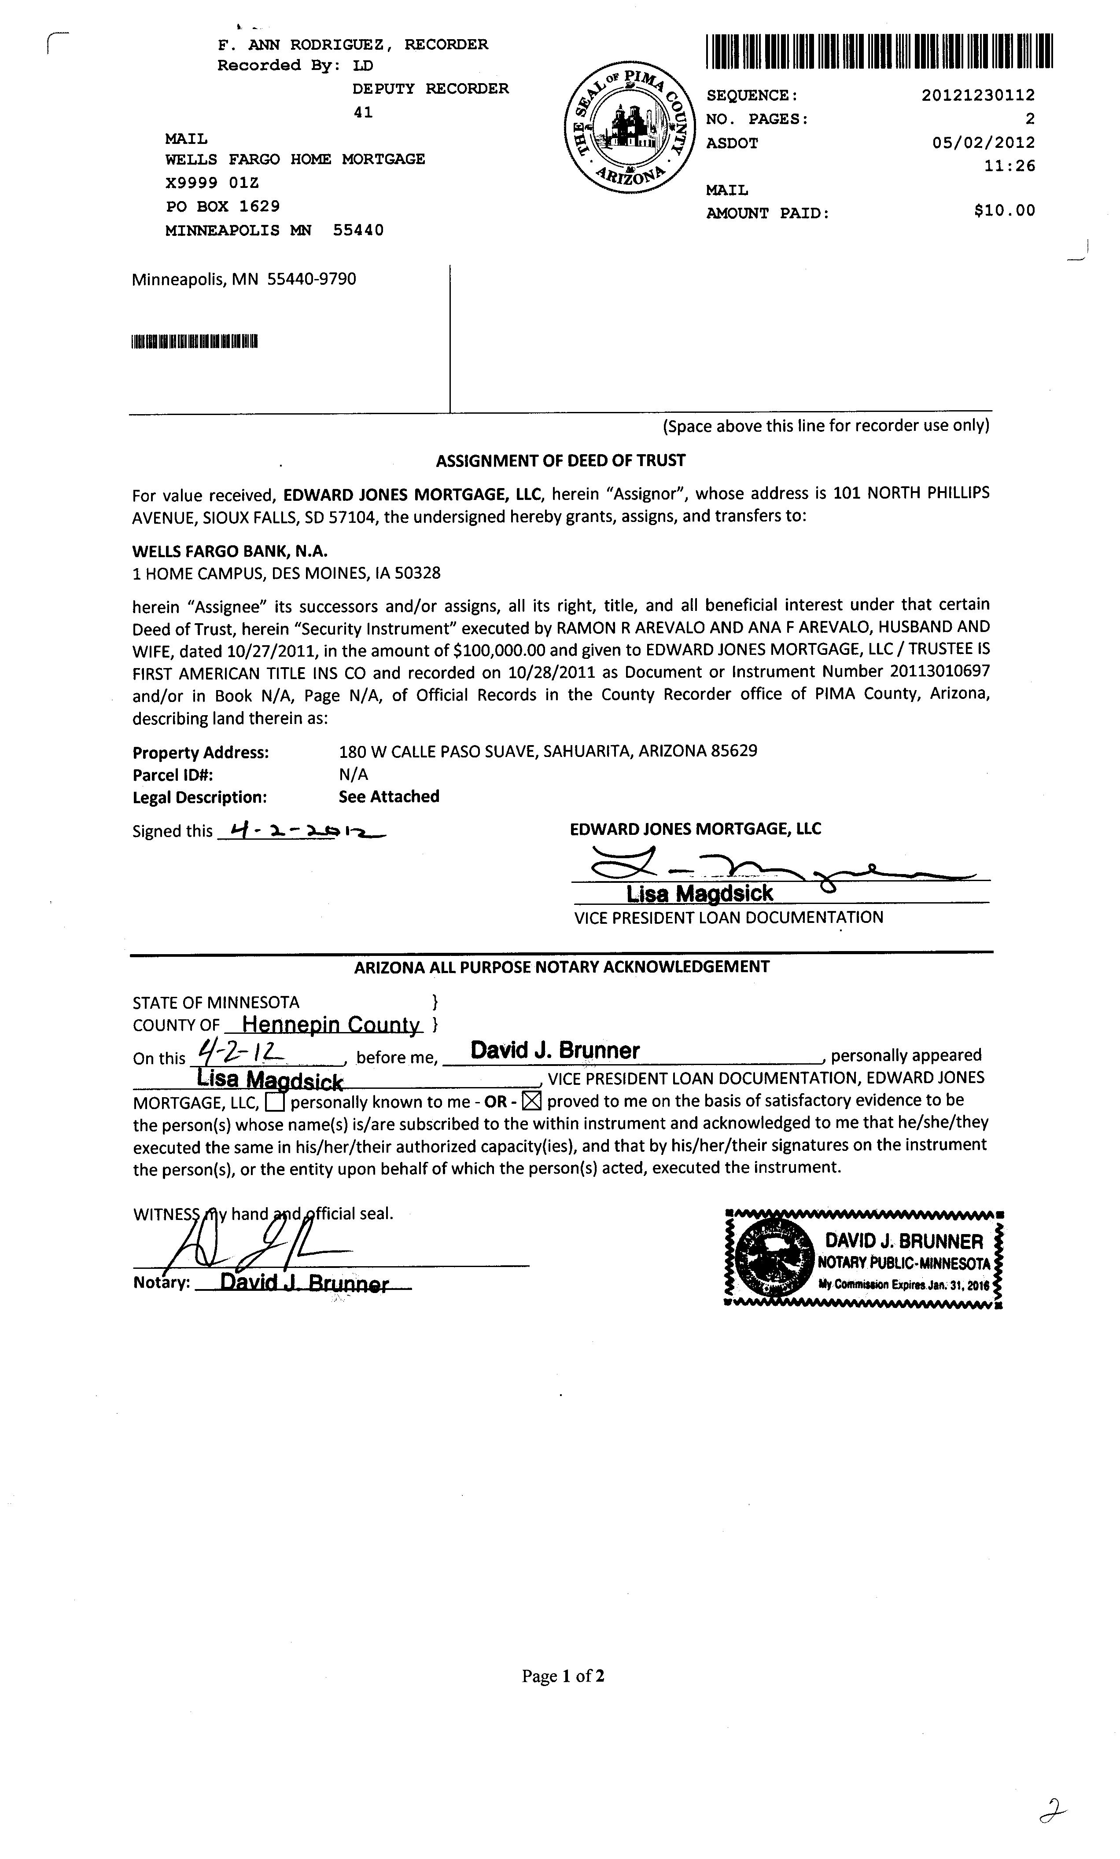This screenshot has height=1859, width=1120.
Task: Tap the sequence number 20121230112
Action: [978, 95]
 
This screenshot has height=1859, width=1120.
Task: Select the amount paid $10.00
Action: [1005, 210]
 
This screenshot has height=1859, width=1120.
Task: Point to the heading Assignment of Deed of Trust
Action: [561, 460]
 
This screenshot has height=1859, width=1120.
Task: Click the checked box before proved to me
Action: [532, 1102]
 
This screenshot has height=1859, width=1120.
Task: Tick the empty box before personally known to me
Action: [276, 1103]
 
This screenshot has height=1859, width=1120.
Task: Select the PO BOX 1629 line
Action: [223, 206]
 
